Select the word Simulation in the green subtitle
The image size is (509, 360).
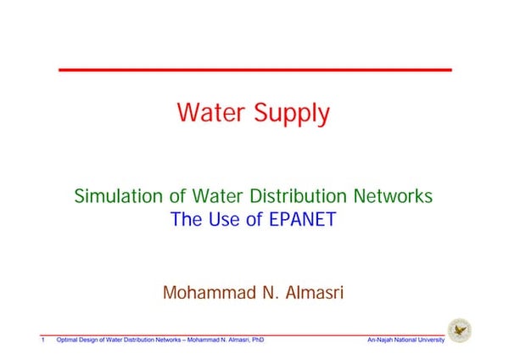tap(118, 196)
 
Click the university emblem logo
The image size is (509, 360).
tap(461, 329)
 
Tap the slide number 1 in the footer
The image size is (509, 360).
tap(42, 340)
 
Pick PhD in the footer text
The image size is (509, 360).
tap(255, 340)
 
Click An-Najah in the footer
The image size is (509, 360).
tap(379, 340)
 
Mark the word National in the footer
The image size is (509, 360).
tap(404, 340)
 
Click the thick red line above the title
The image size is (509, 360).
tap(255, 69)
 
